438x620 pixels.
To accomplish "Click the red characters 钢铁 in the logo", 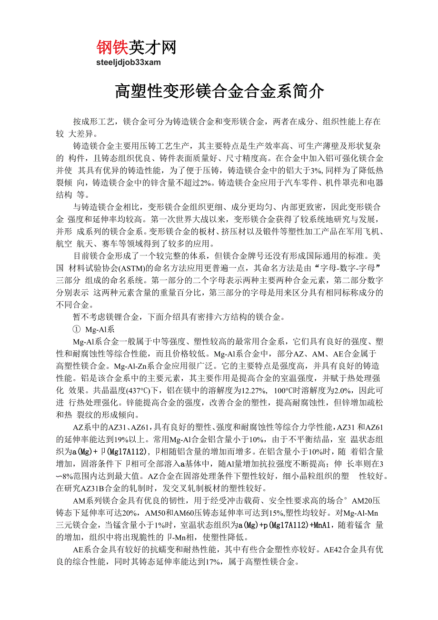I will tap(113, 47).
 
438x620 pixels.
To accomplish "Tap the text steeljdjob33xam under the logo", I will tap(129, 62).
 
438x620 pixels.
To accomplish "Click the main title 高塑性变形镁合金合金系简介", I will tap(219, 91).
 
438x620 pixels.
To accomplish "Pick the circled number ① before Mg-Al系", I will tap(76, 329).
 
